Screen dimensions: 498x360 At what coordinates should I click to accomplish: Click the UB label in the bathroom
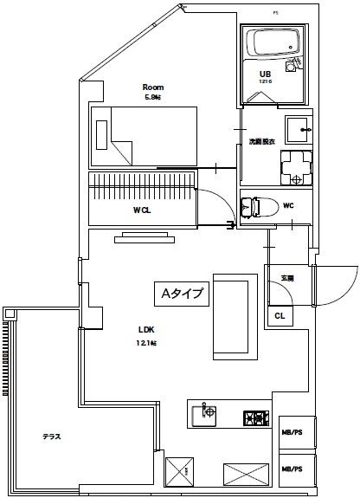click(267, 74)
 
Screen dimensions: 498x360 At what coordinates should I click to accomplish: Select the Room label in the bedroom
click(153, 87)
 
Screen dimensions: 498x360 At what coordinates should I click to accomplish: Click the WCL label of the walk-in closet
click(143, 210)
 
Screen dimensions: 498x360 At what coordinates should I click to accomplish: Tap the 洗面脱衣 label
click(262, 140)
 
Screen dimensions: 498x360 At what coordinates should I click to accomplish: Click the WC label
click(288, 205)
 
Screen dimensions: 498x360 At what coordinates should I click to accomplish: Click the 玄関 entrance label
click(286, 278)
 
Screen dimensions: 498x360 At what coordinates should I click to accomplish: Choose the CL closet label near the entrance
click(280, 316)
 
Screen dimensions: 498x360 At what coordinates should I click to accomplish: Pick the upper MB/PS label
click(292, 431)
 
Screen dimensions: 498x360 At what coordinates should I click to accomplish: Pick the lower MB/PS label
click(292, 469)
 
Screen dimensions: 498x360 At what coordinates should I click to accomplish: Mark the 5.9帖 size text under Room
click(153, 98)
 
